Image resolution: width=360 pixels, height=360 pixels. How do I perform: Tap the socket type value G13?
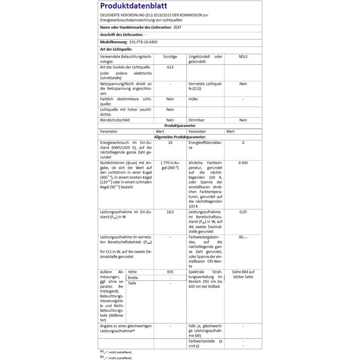click(x=170, y=67)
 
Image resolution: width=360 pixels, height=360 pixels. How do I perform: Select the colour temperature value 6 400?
click(x=243, y=163)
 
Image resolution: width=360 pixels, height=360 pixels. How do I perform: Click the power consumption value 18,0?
click(x=170, y=212)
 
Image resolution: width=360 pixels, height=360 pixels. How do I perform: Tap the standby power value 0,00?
click(x=243, y=212)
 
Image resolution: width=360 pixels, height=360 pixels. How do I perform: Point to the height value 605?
click(x=170, y=272)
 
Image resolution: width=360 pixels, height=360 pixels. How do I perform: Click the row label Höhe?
click(x=132, y=272)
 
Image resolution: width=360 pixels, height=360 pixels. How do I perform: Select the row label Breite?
click(x=133, y=278)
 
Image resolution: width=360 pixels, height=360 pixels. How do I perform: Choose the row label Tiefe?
click(x=132, y=283)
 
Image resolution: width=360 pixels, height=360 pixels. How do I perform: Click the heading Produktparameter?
click(x=179, y=125)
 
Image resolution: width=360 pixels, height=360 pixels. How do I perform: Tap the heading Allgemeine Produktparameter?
click(x=179, y=137)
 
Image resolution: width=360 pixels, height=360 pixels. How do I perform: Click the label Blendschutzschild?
click(x=115, y=120)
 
